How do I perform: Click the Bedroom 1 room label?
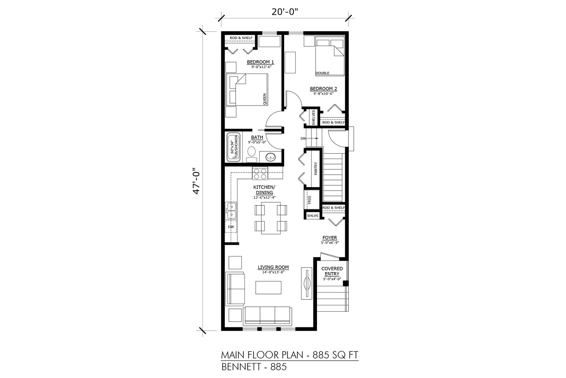click(x=260, y=62)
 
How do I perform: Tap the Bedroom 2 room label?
click(x=323, y=89)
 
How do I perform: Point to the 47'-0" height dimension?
click(x=196, y=181)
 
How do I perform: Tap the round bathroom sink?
click(x=270, y=157)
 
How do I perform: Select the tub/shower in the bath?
click(x=233, y=147)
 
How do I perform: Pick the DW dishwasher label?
click(x=231, y=227)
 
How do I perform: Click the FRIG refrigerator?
click(x=309, y=200)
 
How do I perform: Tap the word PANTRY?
click(x=315, y=169)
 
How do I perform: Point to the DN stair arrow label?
click(x=303, y=139)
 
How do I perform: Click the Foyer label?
click(x=330, y=238)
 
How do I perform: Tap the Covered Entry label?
click(x=332, y=271)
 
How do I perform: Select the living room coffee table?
click(x=268, y=287)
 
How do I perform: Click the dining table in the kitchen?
click(x=271, y=218)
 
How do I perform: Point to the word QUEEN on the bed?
click(x=265, y=99)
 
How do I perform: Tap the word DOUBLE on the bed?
click(x=322, y=73)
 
